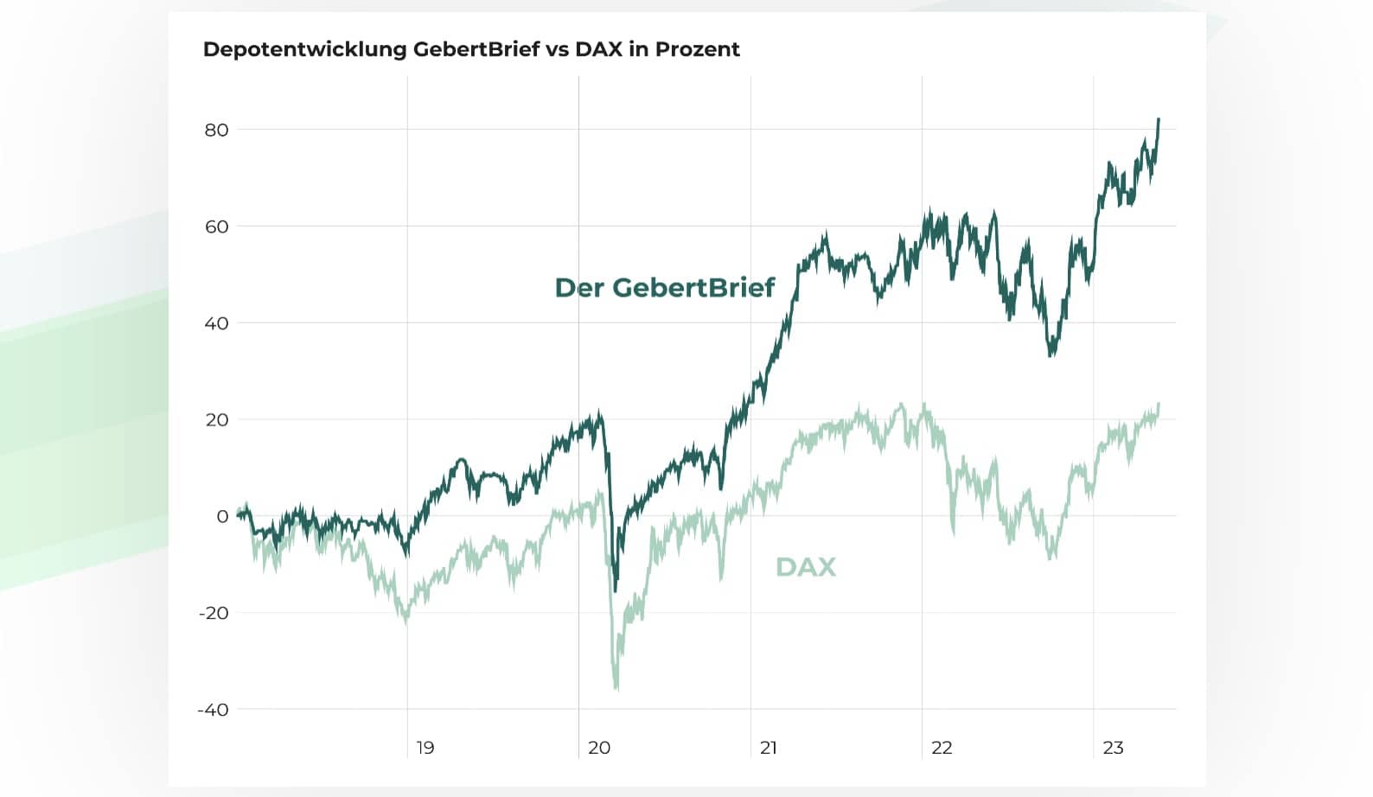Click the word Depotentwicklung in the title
point(304,49)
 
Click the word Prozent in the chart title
point(698,49)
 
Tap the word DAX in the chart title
point(598,49)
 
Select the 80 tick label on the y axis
point(216,130)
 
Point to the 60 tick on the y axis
point(216,226)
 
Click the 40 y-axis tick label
point(216,322)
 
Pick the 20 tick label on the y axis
point(216,419)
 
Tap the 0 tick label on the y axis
point(222,516)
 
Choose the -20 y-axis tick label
point(214,613)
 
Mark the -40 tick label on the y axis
point(214,710)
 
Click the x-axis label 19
point(425,748)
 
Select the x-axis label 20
point(599,748)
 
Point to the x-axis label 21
point(769,748)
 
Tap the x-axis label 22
point(942,748)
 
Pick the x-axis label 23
point(1113,748)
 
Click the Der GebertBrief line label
point(665,288)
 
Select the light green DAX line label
point(806,567)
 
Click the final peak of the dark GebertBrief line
point(1159,119)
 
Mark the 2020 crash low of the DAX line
point(616,689)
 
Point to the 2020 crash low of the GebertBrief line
point(616,590)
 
